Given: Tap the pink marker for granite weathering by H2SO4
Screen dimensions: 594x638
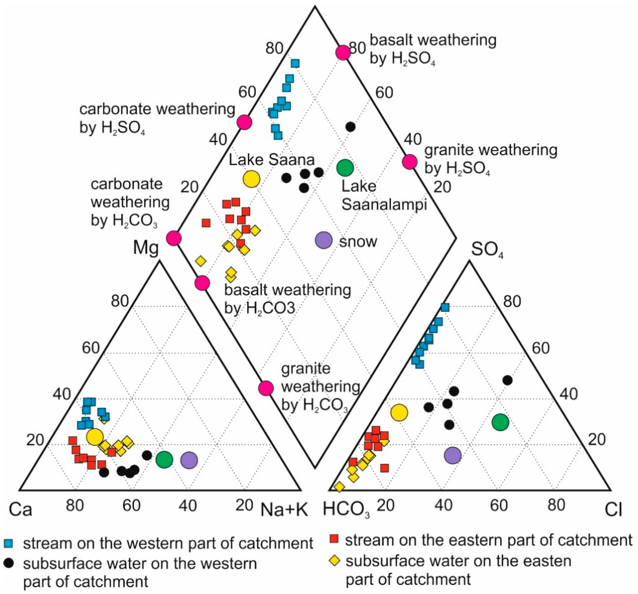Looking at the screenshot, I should (410, 162).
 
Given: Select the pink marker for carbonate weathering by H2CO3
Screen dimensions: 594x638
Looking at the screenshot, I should (174, 239).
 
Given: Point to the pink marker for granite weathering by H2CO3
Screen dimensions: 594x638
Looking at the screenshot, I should (266, 388).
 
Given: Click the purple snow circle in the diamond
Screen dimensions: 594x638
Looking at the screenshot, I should (324, 240).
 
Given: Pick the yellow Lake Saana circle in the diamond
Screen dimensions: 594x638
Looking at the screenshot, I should (251, 179).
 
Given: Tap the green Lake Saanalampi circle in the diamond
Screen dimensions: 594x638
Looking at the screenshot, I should (345, 167).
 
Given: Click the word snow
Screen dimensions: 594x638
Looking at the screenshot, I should (358, 241).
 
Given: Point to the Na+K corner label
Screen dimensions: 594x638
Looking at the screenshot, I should (284, 510).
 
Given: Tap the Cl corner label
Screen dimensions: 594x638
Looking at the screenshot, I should (613, 510).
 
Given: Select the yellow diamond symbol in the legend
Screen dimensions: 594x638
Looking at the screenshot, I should (335, 561).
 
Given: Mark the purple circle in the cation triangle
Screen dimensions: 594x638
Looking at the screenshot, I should (189, 460).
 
